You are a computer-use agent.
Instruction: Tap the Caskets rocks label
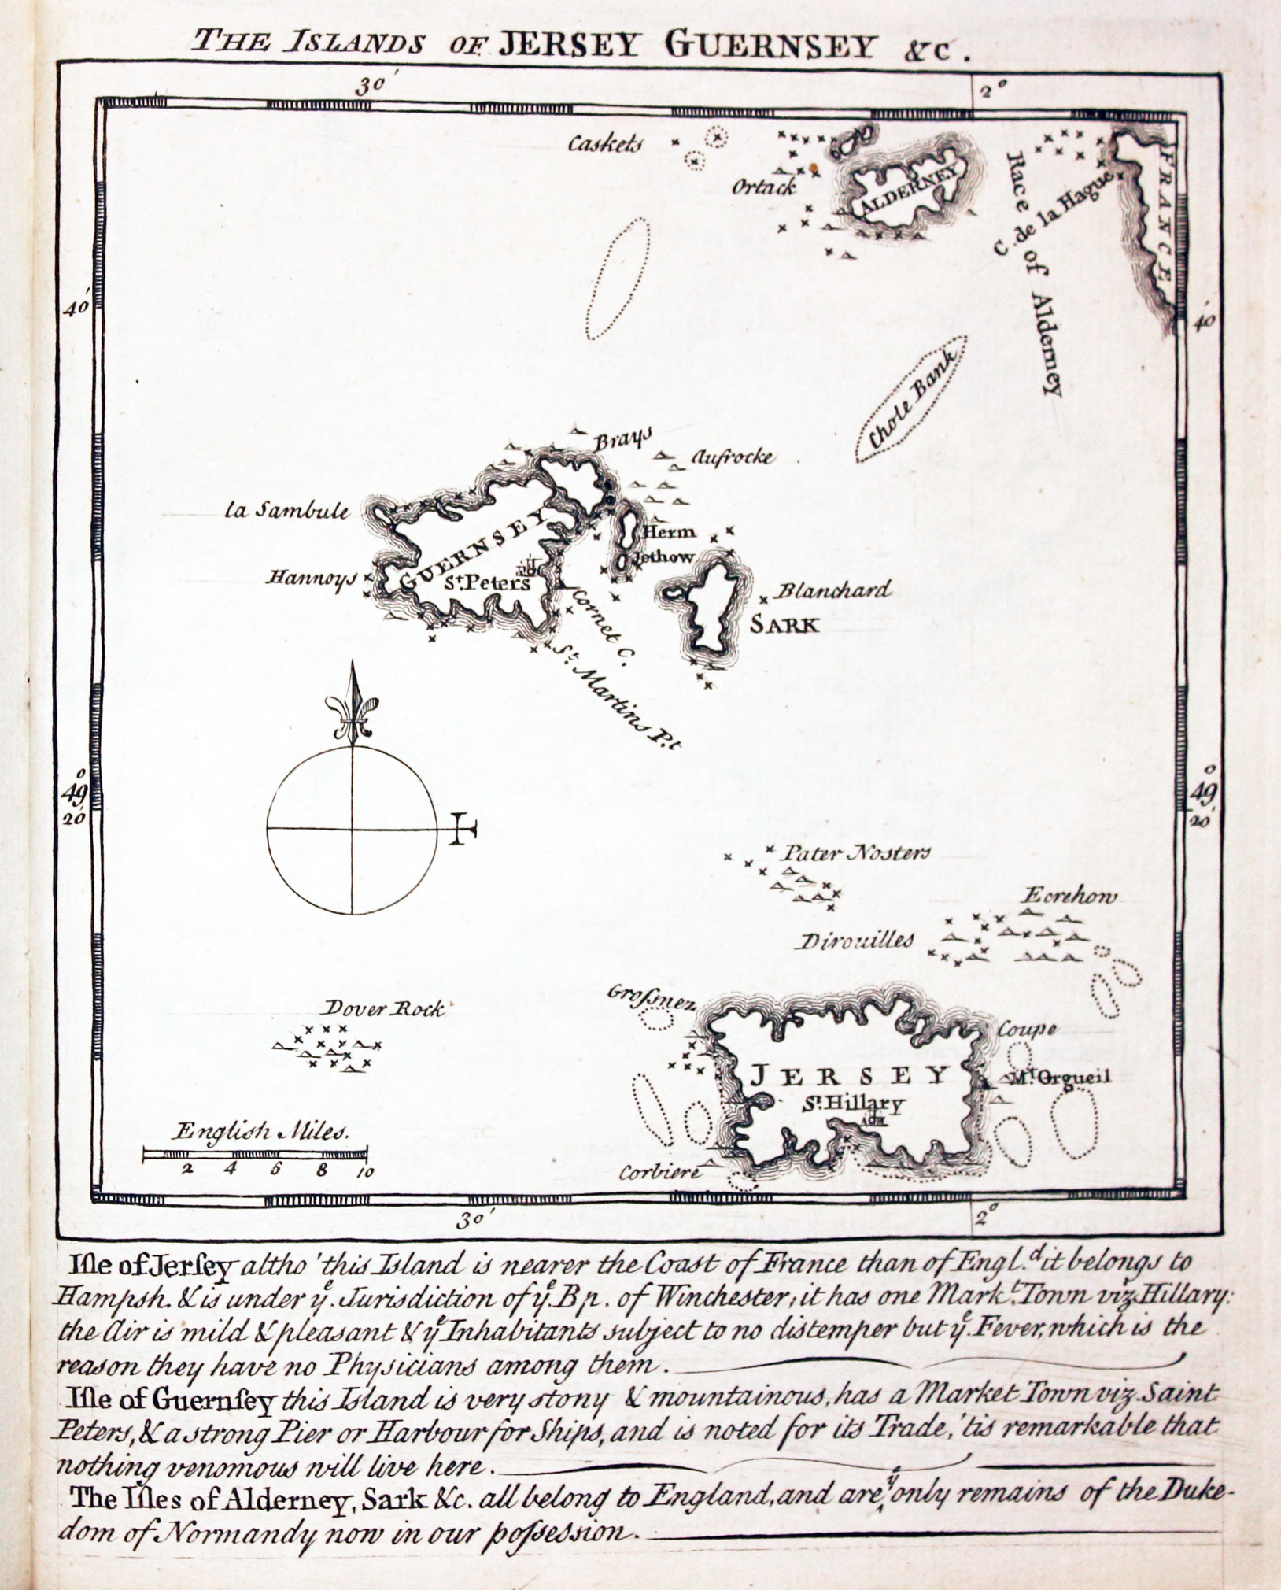tap(606, 144)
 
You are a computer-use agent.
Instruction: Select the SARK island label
tap(784, 625)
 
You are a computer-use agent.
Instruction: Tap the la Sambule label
tap(286, 511)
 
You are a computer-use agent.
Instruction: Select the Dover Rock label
tap(385, 1008)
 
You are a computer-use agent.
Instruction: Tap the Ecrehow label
tap(1069, 897)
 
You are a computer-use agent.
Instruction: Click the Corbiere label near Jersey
tap(659, 1172)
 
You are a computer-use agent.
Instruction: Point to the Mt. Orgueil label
tap(1055, 1078)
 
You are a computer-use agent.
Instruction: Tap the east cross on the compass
tap(463, 830)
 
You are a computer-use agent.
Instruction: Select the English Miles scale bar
tap(254, 1155)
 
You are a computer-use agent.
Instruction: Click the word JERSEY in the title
tap(568, 46)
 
